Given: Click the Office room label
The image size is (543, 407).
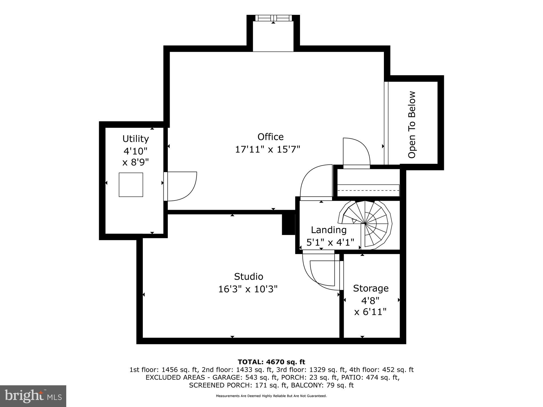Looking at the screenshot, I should pyautogui.click(x=270, y=137).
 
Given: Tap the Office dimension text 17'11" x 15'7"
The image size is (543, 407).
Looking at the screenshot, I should pyautogui.click(x=267, y=150).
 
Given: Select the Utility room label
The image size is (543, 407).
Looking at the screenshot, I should pyautogui.click(x=135, y=139).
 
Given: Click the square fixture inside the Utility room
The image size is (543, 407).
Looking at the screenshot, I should pyautogui.click(x=131, y=185).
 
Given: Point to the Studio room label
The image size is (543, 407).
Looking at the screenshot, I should pyautogui.click(x=248, y=276).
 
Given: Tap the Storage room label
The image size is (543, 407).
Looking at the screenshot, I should pyautogui.click(x=371, y=288).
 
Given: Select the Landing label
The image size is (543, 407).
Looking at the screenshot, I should pyautogui.click(x=329, y=230).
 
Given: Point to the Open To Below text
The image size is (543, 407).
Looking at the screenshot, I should pyautogui.click(x=412, y=125).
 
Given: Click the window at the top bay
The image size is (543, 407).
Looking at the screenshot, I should pyautogui.click(x=273, y=18).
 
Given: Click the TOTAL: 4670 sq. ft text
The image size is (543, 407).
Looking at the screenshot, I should pyautogui.click(x=271, y=362).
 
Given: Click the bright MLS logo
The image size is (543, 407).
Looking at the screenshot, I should pyautogui.click(x=33, y=396).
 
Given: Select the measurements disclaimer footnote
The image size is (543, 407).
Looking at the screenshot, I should pyautogui.click(x=271, y=396).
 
